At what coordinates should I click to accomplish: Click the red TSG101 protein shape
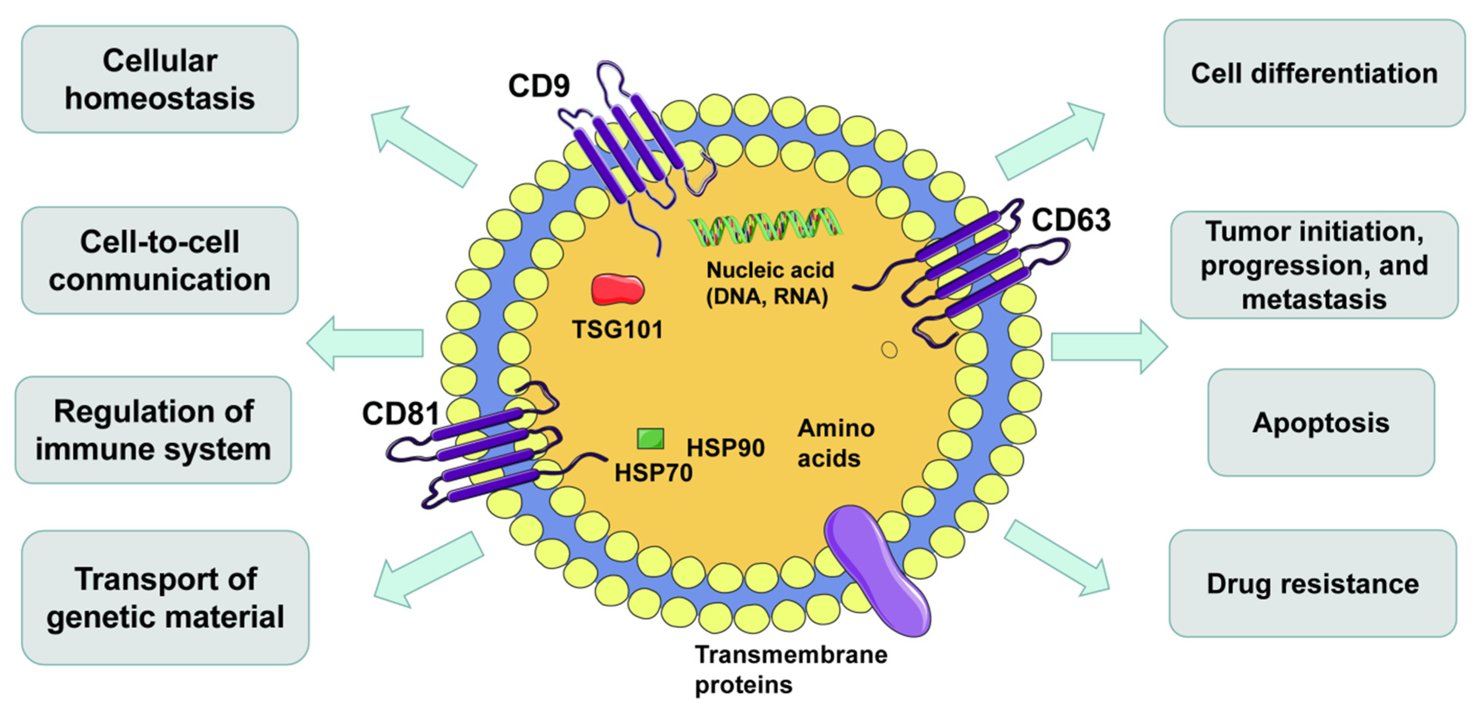tap(618, 289)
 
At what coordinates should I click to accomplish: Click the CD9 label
tap(538, 86)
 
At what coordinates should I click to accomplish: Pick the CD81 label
tap(401, 413)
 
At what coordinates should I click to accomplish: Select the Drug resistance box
tap(1312, 583)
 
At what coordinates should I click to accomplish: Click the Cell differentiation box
tap(1314, 73)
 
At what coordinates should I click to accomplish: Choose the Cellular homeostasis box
tap(160, 79)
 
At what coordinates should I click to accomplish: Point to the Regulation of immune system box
tap(153, 430)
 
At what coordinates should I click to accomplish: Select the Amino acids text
tap(835, 443)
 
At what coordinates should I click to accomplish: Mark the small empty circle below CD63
tap(889, 349)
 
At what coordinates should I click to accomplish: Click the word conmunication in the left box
tap(160, 280)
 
